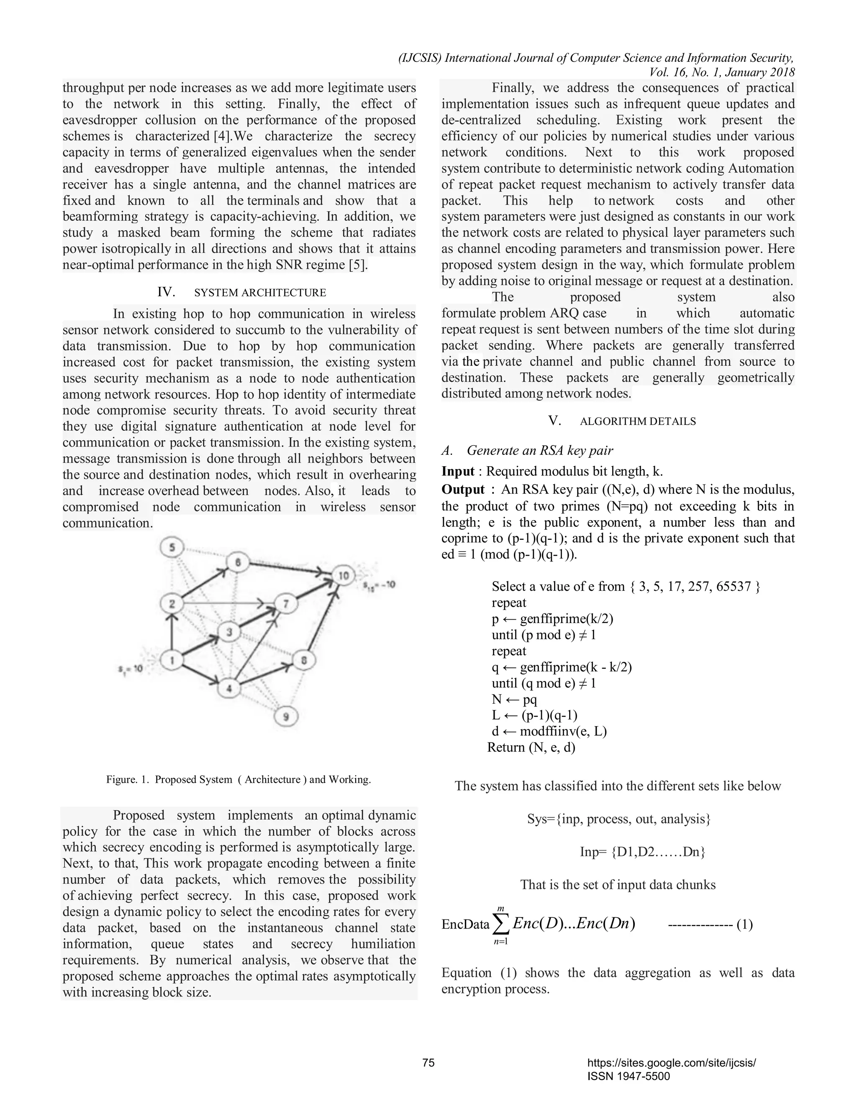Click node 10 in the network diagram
(x=344, y=575)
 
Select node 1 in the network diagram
(x=172, y=661)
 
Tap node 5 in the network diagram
(x=172, y=547)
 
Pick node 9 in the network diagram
(x=286, y=717)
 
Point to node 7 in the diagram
(x=286, y=604)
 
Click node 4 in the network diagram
(x=229, y=689)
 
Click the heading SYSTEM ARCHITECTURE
(x=260, y=293)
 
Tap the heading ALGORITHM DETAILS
(x=638, y=421)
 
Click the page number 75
(x=428, y=1063)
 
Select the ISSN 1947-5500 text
(x=628, y=1076)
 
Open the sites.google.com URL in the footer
(x=671, y=1063)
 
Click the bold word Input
(x=458, y=471)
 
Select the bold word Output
(x=463, y=490)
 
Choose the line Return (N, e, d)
(x=531, y=747)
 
